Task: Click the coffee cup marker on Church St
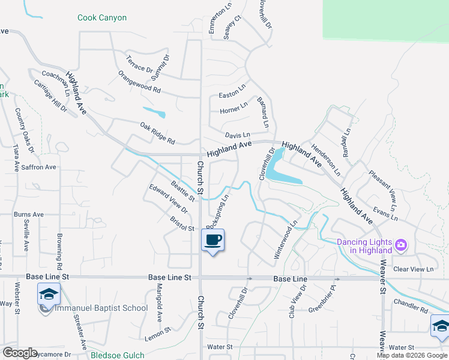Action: pyautogui.click(x=213, y=241)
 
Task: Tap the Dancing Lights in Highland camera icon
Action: pyautogui.click(x=401, y=245)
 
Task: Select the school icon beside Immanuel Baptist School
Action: pyautogui.click(x=49, y=294)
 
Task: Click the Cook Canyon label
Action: pyautogui.click(x=102, y=18)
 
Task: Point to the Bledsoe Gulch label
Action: pyautogui.click(x=118, y=355)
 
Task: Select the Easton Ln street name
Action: pyautogui.click(x=232, y=92)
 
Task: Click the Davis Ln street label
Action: pyautogui.click(x=237, y=136)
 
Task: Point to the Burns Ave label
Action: pyautogui.click(x=29, y=214)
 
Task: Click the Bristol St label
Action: pyautogui.click(x=181, y=224)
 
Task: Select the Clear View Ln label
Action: pyautogui.click(x=413, y=269)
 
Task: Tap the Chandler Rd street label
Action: pyautogui.click(x=411, y=305)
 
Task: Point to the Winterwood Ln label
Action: pyautogui.click(x=286, y=240)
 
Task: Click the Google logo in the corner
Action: pyautogui.click(x=20, y=353)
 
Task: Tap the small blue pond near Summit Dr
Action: pyautogui.click(x=154, y=112)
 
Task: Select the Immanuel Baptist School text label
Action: pyautogui.click(x=101, y=308)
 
